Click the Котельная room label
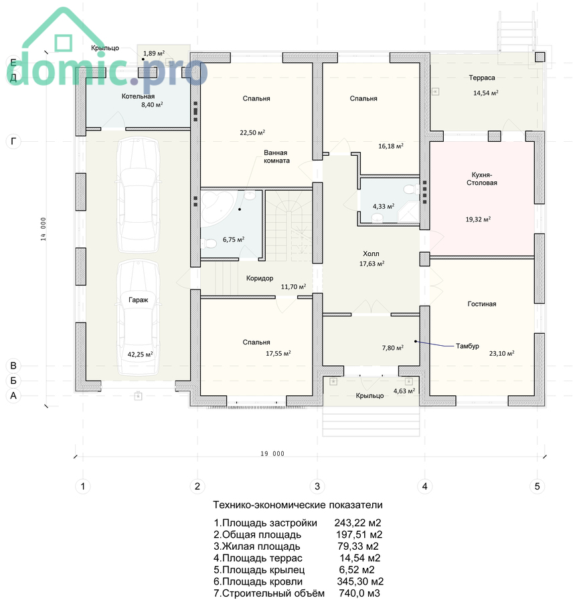138,96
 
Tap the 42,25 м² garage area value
140,355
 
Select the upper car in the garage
139,195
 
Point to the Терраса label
482,78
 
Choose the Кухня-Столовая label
482,179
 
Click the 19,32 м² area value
478,219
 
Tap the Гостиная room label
482,304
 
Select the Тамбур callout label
467,346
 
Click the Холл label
371,254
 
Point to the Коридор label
260,278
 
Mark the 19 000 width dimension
272,454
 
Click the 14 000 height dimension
44,229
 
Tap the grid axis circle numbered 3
317,486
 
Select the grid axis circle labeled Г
13,142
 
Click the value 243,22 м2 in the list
357,523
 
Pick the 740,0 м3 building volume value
359,593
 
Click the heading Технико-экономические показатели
298,505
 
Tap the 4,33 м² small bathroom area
384,207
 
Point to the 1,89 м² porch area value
154,54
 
